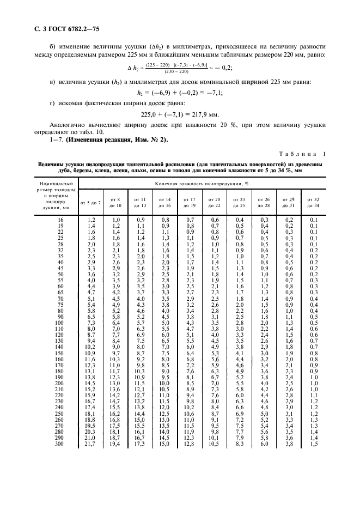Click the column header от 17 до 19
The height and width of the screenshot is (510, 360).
(x=190, y=203)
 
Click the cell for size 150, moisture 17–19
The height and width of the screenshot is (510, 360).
(x=190, y=368)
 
